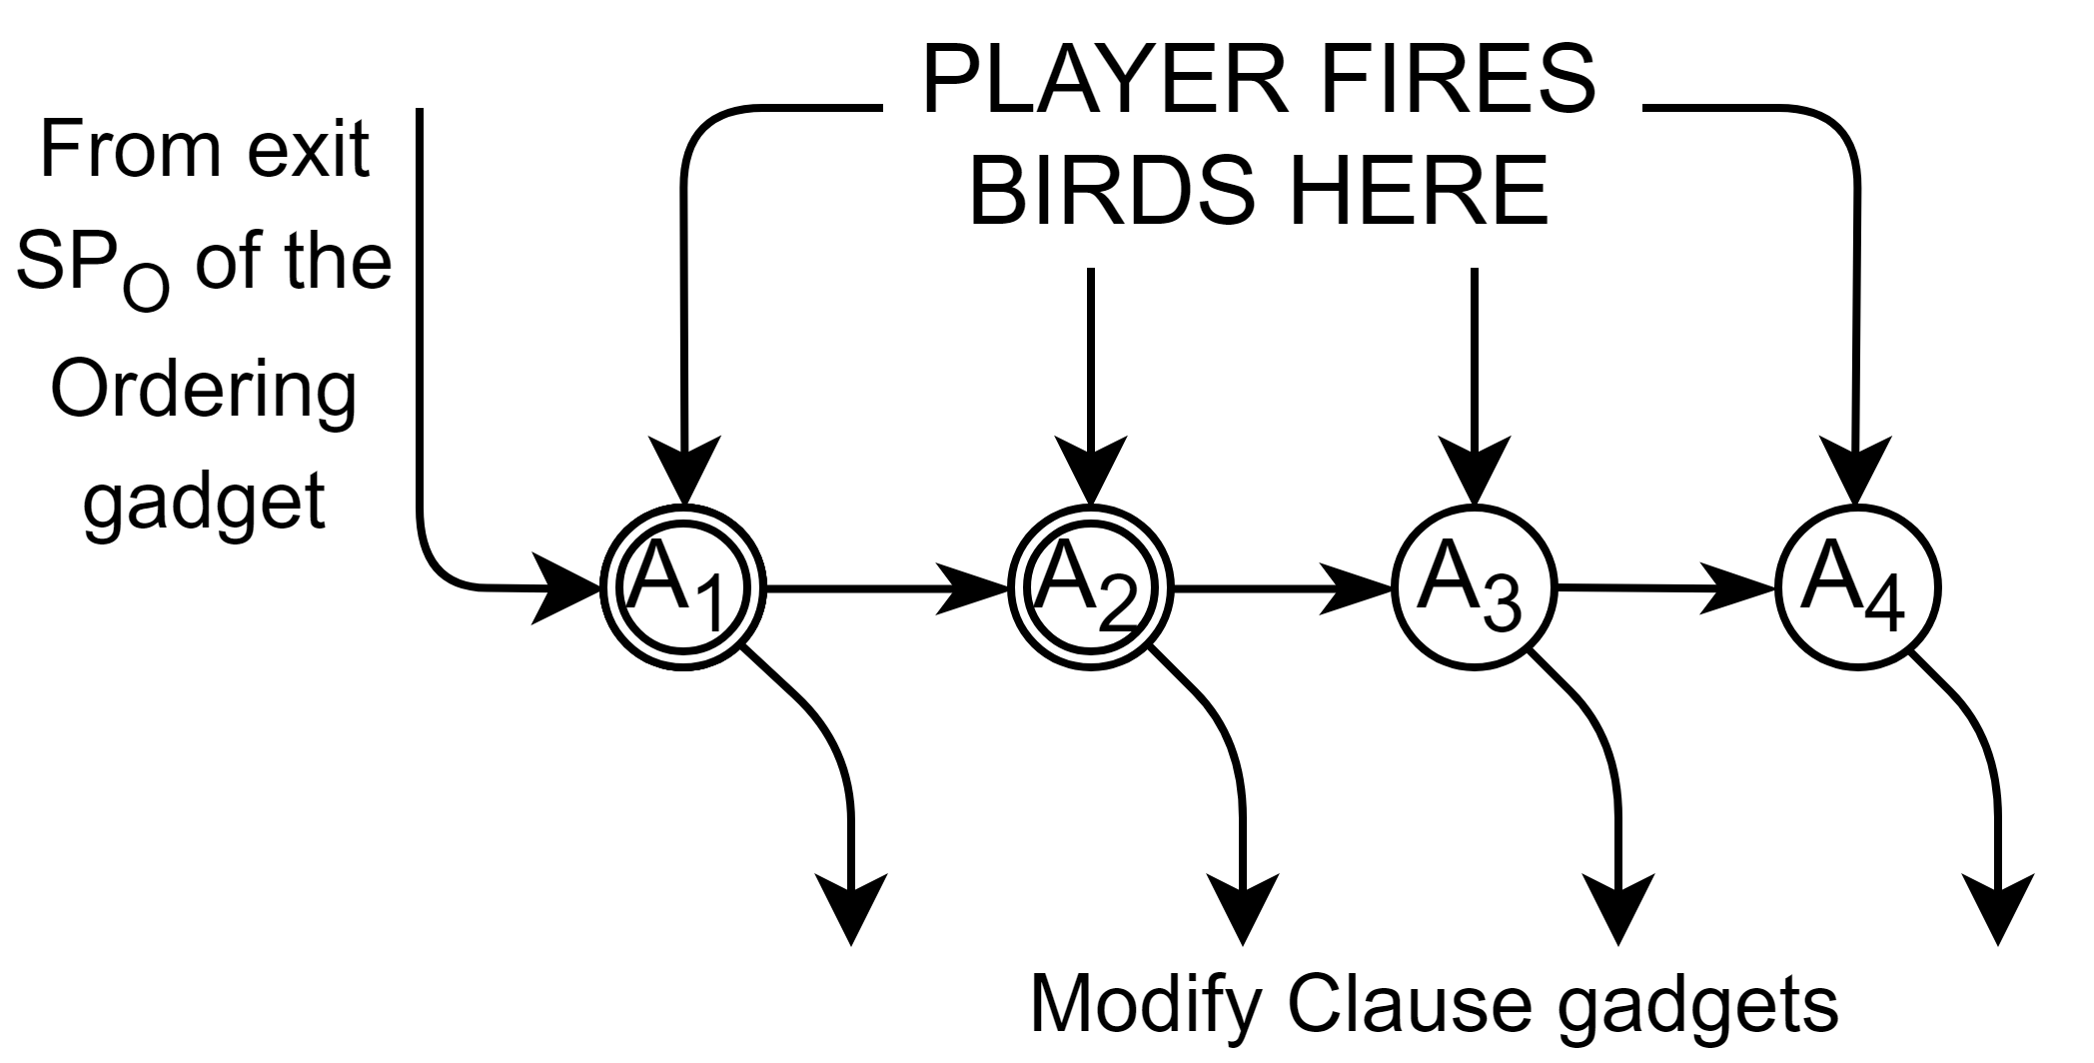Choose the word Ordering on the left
coord(203,392)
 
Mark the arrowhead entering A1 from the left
coord(569,588)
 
